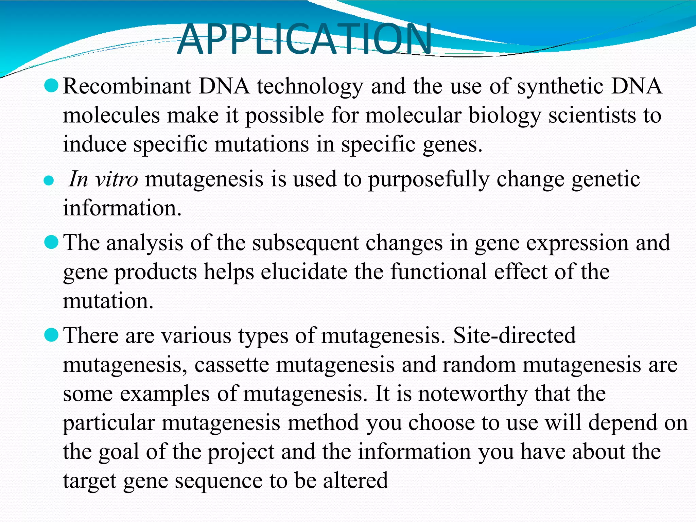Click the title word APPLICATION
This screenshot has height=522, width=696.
click(x=304, y=39)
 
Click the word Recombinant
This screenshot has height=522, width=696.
click(x=127, y=86)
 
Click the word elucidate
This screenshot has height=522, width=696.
click(x=304, y=272)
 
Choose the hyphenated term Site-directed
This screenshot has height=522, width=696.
click(x=515, y=335)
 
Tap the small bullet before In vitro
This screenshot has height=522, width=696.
click(x=49, y=181)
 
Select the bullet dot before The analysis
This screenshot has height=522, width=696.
click(x=52, y=242)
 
